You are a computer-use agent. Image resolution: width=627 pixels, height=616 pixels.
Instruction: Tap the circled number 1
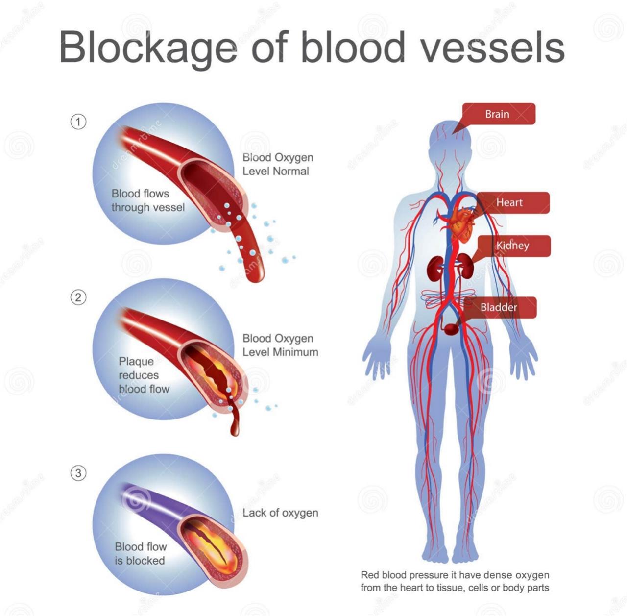tap(78, 122)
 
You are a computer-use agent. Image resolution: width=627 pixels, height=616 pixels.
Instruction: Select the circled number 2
tap(78, 297)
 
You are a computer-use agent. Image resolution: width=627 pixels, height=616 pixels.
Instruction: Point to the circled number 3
tap(78, 473)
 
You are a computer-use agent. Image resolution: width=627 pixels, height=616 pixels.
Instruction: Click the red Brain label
tap(498, 114)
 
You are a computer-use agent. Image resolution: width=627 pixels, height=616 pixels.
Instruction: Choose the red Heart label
tap(509, 202)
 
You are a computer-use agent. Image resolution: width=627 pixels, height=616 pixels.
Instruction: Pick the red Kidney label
tap(512, 246)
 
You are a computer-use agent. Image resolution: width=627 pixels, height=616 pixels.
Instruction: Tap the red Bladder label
tap(499, 307)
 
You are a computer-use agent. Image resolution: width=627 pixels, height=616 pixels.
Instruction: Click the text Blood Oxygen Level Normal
tap(278, 164)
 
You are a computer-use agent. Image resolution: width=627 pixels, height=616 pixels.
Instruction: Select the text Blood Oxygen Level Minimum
tap(280, 345)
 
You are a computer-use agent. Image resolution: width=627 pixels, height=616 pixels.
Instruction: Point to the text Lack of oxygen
tap(280, 513)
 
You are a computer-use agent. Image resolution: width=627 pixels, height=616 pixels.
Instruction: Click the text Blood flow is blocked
tap(141, 553)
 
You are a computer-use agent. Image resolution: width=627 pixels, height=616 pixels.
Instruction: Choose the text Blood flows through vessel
tap(147, 200)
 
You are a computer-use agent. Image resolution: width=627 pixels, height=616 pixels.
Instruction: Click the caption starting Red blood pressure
tap(455, 581)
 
